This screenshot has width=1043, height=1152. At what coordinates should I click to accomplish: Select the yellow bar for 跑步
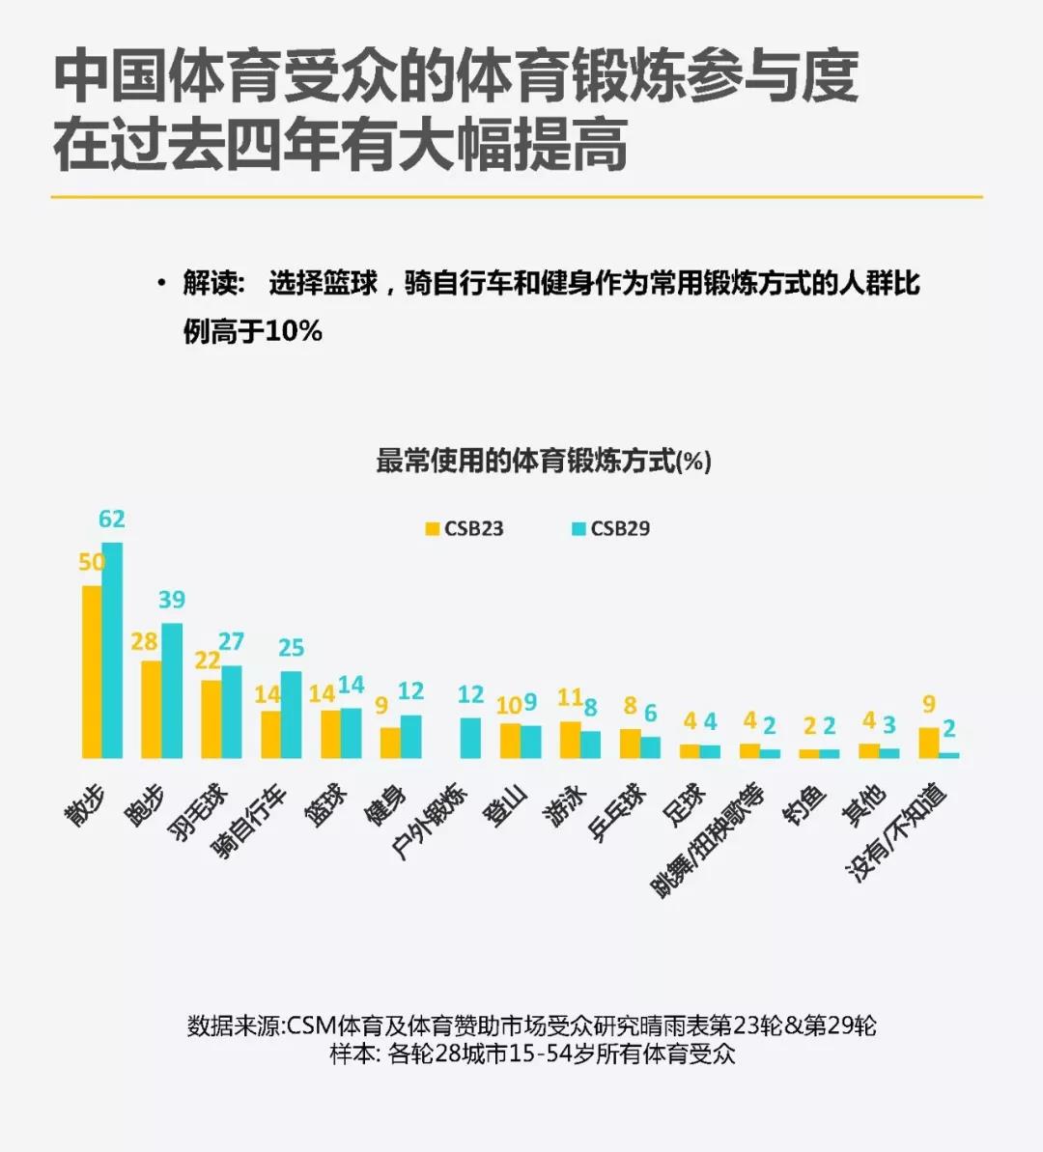[x=152, y=709]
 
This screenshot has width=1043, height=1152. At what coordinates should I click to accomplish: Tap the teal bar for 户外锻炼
[x=470, y=738]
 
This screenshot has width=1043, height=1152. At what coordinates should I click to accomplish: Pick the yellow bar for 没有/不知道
[x=929, y=743]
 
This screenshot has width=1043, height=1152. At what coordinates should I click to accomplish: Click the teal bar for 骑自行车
[x=291, y=715]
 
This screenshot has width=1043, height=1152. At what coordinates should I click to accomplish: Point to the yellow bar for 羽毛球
[x=211, y=718]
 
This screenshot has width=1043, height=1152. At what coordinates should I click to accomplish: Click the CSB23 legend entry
[x=465, y=529]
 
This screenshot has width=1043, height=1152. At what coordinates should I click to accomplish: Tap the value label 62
[x=112, y=520]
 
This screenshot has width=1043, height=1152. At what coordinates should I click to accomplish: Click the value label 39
[x=172, y=600]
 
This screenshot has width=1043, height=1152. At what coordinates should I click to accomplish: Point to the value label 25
[x=291, y=648]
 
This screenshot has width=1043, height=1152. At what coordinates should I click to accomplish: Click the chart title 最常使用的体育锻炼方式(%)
[x=543, y=462]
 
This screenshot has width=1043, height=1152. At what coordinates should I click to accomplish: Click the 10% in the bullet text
[x=293, y=331]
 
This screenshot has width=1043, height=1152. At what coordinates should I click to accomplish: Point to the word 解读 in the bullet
[x=210, y=283]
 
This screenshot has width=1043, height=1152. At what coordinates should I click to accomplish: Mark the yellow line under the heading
[x=517, y=197]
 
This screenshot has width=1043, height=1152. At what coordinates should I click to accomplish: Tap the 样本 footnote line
[x=532, y=1054]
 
